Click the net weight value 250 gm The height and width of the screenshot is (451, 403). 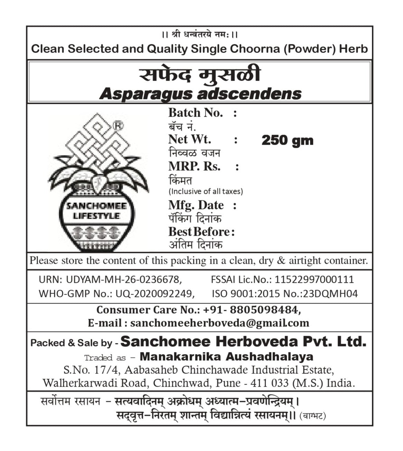click(287, 141)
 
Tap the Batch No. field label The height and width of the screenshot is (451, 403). click(195, 113)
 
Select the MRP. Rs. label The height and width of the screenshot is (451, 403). click(194, 166)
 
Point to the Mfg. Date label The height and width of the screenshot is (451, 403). click(196, 205)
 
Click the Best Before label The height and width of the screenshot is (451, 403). click(199, 232)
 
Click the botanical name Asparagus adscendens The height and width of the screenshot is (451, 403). click(200, 94)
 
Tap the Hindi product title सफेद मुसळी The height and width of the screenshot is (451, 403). click(200, 75)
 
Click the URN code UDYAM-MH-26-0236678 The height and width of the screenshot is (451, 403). click(123, 280)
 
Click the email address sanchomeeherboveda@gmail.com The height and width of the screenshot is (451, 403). click(220, 323)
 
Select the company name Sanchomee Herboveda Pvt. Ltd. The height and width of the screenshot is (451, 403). click(243, 342)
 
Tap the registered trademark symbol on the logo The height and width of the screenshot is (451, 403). click(118, 126)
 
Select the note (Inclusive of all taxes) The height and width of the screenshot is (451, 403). click(205, 191)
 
